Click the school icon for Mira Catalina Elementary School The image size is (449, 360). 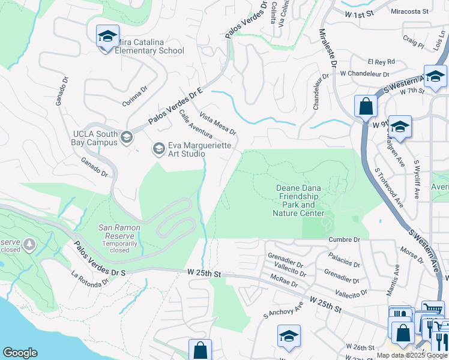point(107,37)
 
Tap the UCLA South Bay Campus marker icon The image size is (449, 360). point(126,138)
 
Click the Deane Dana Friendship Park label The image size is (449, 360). point(299,200)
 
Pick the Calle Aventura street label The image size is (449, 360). point(196,127)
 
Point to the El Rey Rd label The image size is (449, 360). point(381,61)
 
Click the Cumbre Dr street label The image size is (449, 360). point(344,239)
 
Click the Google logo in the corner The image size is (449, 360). point(20,353)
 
